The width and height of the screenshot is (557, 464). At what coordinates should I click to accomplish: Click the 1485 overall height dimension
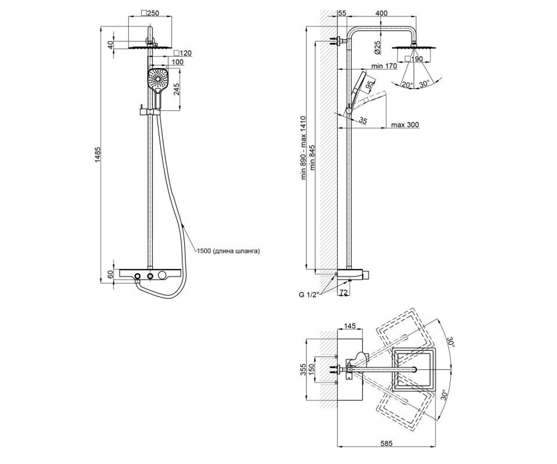pos(98,154)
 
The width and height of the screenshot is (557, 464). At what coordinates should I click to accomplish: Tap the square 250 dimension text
pos(150,13)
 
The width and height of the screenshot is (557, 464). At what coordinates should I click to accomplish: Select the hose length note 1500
pos(228,251)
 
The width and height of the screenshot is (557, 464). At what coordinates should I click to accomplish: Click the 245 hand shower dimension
pos(176,89)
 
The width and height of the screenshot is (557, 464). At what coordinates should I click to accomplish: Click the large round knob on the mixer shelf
pos(162,275)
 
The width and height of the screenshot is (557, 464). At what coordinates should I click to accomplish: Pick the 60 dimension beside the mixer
pos(110,274)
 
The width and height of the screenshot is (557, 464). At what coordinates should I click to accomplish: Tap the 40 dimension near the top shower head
pos(110,45)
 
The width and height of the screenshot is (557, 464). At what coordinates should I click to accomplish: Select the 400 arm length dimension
pos(382,13)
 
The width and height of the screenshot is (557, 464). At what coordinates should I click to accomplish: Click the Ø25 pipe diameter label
pos(377,48)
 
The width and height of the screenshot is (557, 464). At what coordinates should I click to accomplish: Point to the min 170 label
pos(384,66)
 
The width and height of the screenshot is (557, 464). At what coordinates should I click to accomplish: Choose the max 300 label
pos(405,125)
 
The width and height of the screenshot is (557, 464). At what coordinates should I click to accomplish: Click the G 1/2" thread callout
pos(309,295)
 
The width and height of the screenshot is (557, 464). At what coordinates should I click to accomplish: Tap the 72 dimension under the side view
pos(344,292)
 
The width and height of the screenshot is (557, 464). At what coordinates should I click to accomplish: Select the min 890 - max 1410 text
pos(303,148)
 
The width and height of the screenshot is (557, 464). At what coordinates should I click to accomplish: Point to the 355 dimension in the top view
pos(303,370)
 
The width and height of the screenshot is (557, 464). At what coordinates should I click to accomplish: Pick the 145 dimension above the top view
pos(350,326)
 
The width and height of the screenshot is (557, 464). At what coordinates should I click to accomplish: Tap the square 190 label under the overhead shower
pos(414,58)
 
